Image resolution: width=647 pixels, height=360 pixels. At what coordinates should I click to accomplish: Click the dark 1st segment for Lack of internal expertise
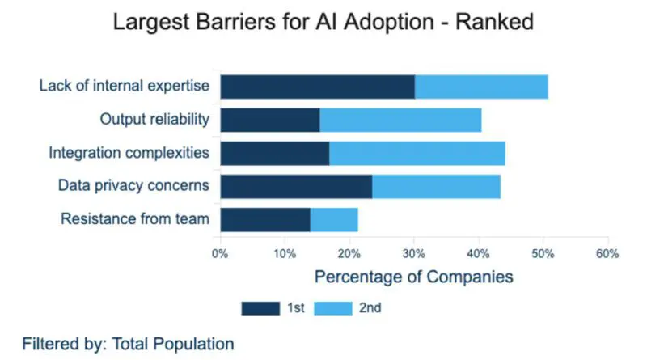click(317, 87)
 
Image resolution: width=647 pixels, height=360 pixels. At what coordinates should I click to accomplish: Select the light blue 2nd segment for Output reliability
click(400, 120)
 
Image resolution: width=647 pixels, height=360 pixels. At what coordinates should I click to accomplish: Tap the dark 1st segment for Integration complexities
click(274, 153)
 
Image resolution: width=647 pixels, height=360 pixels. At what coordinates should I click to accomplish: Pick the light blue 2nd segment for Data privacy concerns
click(436, 186)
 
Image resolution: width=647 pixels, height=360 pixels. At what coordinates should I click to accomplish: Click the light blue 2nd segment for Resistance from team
click(334, 219)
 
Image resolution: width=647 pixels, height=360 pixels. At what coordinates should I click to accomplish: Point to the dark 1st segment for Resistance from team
click(265, 219)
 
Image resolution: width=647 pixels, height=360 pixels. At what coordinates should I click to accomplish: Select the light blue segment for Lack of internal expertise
click(481, 87)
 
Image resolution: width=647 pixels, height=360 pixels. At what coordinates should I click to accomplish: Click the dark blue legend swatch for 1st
click(258, 307)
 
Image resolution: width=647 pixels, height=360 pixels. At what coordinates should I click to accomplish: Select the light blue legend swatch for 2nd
click(331, 307)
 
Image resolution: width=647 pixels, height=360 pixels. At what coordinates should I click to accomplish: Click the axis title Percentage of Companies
click(413, 277)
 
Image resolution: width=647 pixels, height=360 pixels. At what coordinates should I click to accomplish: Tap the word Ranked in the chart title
click(495, 22)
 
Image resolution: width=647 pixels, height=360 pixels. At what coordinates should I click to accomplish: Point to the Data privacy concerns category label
click(133, 186)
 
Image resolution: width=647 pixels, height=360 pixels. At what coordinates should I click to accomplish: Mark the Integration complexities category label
click(129, 153)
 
